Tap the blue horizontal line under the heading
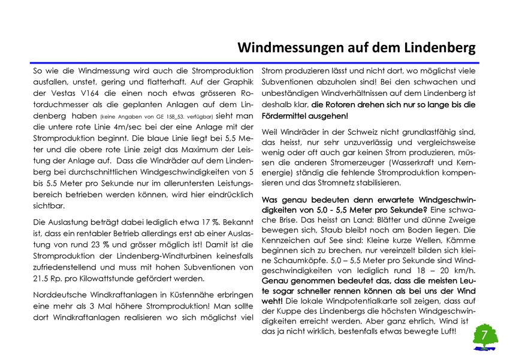pyautogui.click(x=255, y=62)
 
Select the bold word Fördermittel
pyautogui.click(x=288, y=116)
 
